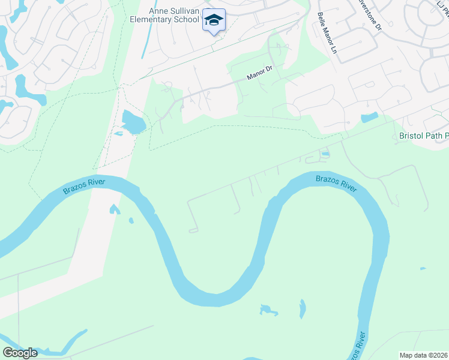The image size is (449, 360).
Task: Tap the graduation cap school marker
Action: (x=214, y=20)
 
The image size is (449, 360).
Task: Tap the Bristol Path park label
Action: (x=423, y=136)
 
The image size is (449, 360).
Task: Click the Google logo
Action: (x=20, y=353)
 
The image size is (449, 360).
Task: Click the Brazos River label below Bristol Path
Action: (x=336, y=183)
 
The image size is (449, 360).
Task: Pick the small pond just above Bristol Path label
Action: (x=370, y=117)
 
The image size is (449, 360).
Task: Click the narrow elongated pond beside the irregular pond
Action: (x=302, y=309)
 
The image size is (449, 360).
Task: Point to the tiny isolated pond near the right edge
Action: (x=423, y=268)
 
